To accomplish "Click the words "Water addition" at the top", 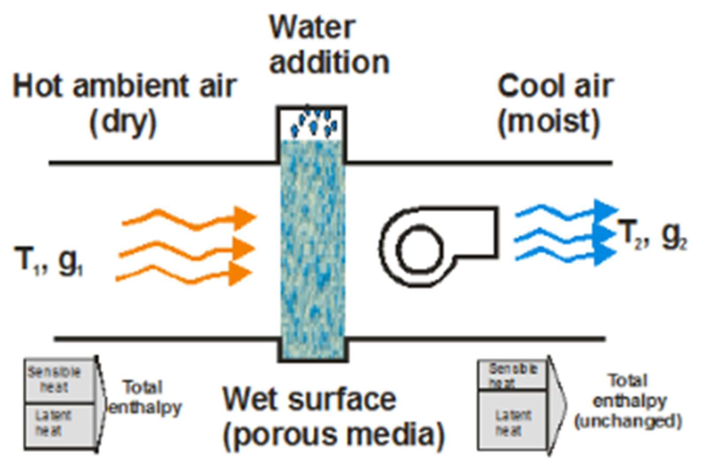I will point(328,45).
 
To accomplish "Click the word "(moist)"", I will point(548,121).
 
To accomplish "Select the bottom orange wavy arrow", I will point(184,274).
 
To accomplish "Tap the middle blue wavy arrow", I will point(565,234).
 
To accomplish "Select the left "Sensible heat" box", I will point(60,380).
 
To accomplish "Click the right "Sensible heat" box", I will point(513,375).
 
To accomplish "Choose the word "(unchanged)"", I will point(627,422).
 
